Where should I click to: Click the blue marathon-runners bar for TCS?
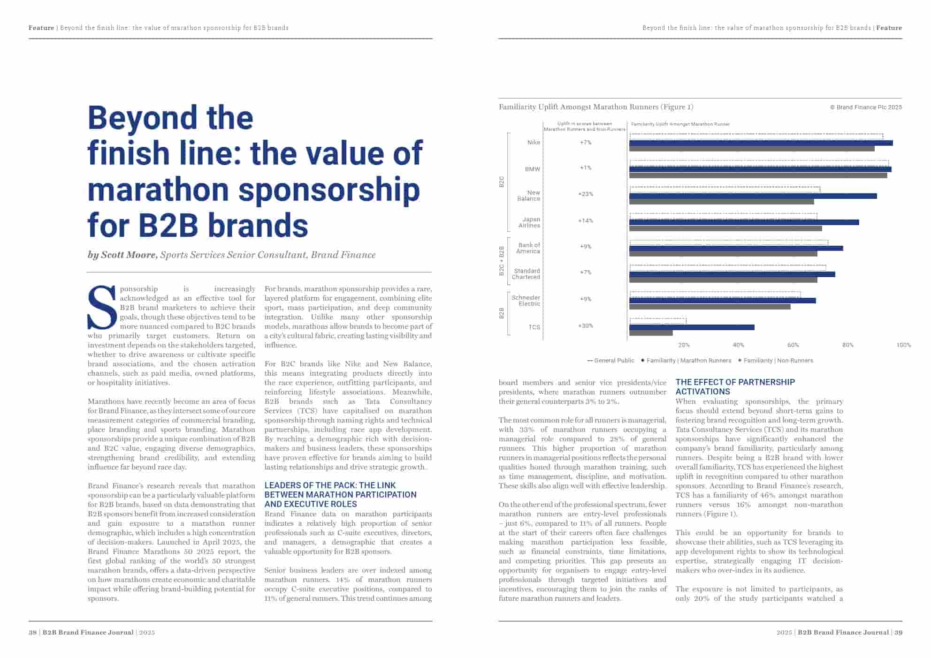(x=691, y=327)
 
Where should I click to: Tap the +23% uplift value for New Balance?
(x=586, y=194)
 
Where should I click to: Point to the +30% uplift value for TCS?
(x=586, y=325)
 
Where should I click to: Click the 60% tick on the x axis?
(x=793, y=345)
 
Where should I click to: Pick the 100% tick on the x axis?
(x=903, y=345)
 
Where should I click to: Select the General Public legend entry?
(x=610, y=361)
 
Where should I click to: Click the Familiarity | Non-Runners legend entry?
(x=778, y=361)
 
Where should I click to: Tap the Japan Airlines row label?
(x=530, y=222)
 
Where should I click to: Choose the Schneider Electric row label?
(x=526, y=301)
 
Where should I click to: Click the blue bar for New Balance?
(x=753, y=196)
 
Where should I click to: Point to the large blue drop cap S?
(x=102, y=308)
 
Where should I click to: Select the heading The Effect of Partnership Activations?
(x=735, y=387)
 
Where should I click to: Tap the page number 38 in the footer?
(x=32, y=632)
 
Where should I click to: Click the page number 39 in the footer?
(x=898, y=632)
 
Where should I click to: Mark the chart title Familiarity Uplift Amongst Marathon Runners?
(x=595, y=107)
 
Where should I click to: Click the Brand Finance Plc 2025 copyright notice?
(x=866, y=107)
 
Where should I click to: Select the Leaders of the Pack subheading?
(x=340, y=494)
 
